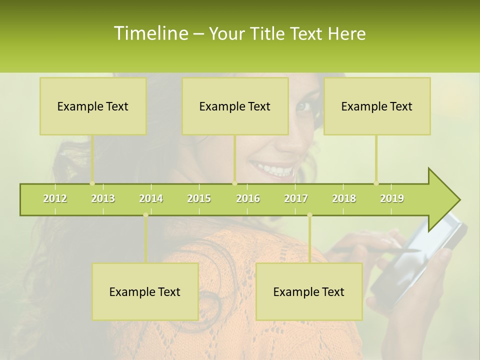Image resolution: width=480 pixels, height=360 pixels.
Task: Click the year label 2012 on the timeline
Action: pos(55,198)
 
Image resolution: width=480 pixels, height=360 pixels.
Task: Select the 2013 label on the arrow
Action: pos(103,198)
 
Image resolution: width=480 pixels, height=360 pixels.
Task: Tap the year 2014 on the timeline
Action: pos(151,198)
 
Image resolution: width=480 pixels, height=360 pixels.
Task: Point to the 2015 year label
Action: pos(199,198)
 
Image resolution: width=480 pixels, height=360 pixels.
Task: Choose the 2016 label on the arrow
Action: pos(248,198)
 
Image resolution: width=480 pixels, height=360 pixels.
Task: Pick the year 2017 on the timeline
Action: pos(296,198)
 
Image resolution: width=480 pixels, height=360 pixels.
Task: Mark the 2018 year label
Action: pos(344,198)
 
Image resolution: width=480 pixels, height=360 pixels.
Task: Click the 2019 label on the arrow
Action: pos(392,198)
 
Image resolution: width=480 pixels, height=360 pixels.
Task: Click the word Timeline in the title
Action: pos(150,33)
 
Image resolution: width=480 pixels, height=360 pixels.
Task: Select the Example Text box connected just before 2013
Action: pos(93,106)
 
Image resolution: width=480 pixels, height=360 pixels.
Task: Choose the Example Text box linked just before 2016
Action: pos(235,106)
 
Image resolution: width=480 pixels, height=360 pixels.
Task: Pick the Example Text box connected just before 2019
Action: pos(377,106)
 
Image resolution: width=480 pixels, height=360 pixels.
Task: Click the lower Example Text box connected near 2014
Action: pos(145,291)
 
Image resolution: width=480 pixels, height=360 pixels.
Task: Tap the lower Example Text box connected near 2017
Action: pos(309,291)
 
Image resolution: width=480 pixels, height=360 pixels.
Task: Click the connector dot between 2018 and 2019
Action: pos(376,183)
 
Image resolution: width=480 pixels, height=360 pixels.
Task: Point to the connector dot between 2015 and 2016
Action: pos(234,183)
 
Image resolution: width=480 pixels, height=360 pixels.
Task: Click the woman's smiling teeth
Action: pos(274,169)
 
